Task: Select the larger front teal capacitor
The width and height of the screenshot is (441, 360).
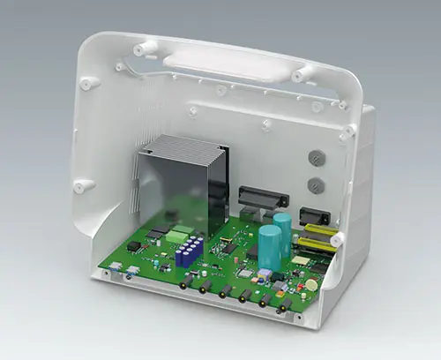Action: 270,248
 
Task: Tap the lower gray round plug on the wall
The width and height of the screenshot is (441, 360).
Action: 315,186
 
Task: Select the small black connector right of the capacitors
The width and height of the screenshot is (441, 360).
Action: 315,216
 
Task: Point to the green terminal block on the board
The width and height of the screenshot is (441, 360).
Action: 180,236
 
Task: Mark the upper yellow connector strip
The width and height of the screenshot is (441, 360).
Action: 319,230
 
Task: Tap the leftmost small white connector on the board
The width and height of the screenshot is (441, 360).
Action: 113,269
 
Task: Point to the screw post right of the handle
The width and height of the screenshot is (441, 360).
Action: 303,73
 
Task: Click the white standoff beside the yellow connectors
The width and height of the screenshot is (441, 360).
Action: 337,238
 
